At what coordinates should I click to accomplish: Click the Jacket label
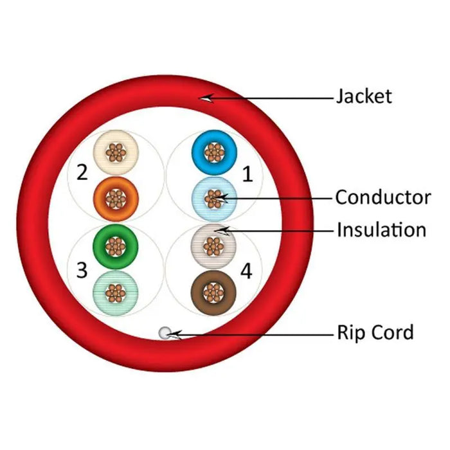point(363,96)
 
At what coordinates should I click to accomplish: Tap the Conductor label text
point(382,197)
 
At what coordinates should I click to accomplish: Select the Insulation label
point(381,230)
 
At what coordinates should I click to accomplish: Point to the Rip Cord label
point(375,333)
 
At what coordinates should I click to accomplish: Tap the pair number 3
point(82,271)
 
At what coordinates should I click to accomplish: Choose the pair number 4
point(246,271)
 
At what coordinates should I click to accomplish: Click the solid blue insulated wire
point(214,152)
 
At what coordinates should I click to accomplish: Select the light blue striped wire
point(214,199)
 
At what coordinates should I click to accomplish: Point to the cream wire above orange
point(116,152)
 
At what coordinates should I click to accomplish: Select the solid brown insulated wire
point(213,293)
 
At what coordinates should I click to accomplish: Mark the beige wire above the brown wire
point(213,246)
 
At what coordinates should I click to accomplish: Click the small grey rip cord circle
point(165,332)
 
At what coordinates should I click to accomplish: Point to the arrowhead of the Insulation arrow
point(219,229)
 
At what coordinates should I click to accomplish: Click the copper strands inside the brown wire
point(213,293)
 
